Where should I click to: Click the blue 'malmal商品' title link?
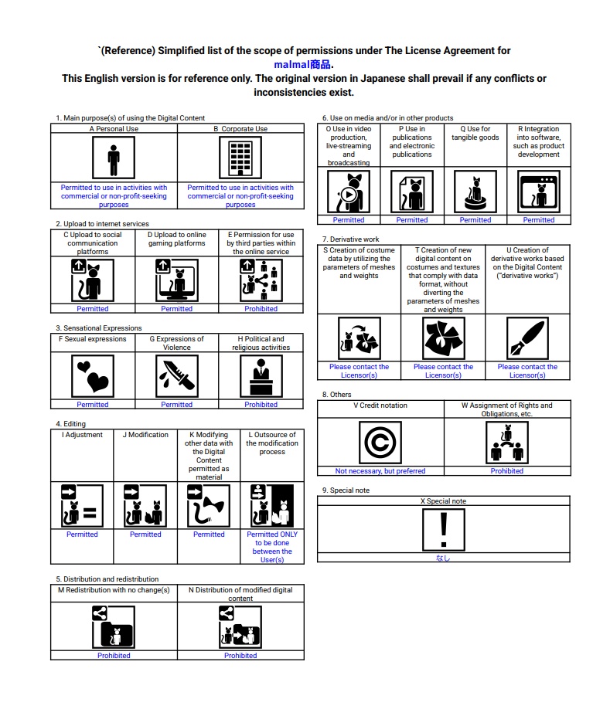pyautogui.click(x=304, y=64)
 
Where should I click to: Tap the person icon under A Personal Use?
pyautogui.click(x=114, y=158)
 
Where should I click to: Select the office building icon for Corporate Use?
pyautogui.click(x=240, y=158)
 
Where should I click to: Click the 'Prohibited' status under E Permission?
pyautogui.click(x=261, y=309)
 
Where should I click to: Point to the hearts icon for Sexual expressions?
pyautogui.click(x=93, y=376)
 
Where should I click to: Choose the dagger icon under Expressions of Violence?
pyautogui.click(x=176, y=376)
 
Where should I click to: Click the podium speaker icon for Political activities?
pyautogui.click(x=261, y=376)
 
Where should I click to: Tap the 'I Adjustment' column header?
pyautogui.click(x=82, y=435)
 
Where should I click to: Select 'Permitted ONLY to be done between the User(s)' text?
pyautogui.click(x=272, y=547)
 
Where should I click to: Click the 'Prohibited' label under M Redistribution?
pyautogui.click(x=114, y=656)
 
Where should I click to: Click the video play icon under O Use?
pyautogui.click(x=348, y=192)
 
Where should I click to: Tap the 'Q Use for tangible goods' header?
pyautogui.click(x=475, y=134)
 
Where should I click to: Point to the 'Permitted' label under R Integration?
pyautogui.click(x=539, y=220)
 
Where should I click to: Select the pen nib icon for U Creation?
pyautogui.click(x=527, y=338)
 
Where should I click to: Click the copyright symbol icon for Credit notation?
pyautogui.click(x=380, y=443)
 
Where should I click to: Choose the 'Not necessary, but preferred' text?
pyautogui.click(x=380, y=471)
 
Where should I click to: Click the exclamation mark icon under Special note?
pyautogui.click(x=443, y=530)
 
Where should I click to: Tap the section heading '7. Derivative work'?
pyautogui.click(x=350, y=239)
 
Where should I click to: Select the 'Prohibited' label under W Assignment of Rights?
pyautogui.click(x=507, y=471)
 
